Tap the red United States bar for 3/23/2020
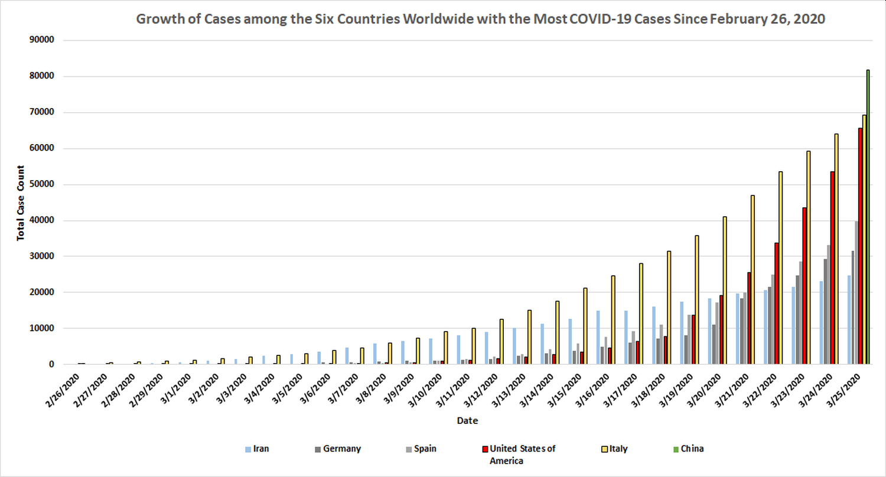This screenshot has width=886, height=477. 804,286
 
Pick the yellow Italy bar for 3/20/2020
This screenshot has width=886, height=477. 725,290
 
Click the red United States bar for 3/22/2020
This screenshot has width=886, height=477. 777,303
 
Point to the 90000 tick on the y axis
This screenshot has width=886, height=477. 42,40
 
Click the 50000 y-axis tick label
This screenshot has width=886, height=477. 42,184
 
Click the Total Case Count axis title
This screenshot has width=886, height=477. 21,202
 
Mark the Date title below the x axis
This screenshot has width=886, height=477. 467,421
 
